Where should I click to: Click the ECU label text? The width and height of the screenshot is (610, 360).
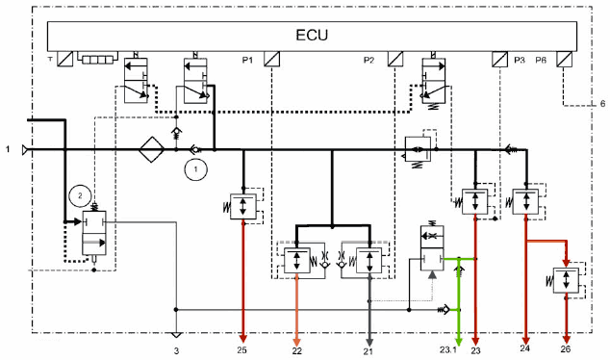(x=312, y=35)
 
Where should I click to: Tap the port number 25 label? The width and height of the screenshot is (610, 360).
(x=241, y=350)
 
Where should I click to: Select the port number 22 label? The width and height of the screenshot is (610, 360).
(x=297, y=351)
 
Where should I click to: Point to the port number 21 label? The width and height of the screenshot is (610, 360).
(x=369, y=351)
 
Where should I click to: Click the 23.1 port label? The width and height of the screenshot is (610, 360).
(x=448, y=349)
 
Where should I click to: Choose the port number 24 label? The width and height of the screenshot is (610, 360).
(x=524, y=348)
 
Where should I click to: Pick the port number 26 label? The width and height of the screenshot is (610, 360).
(x=566, y=349)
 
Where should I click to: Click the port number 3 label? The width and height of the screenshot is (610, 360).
(x=176, y=351)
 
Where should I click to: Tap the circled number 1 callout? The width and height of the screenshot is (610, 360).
(x=195, y=169)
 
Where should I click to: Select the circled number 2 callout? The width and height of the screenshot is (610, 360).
(x=80, y=195)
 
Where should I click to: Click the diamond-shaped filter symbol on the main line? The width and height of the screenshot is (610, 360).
(x=152, y=149)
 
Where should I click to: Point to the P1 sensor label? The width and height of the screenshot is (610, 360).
(x=247, y=60)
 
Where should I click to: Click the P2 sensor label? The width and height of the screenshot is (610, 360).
(x=369, y=60)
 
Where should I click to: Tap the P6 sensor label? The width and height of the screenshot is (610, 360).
(x=541, y=60)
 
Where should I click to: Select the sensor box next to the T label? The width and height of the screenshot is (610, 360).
(x=65, y=59)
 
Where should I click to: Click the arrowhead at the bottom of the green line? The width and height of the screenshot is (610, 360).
(x=459, y=342)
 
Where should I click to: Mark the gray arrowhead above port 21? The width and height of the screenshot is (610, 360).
(x=369, y=342)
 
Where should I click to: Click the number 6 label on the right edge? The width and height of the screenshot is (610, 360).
(x=602, y=104)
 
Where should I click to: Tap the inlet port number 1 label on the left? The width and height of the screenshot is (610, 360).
(x=8, y=149)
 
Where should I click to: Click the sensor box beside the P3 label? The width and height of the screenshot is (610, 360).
(x=500, y=60)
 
